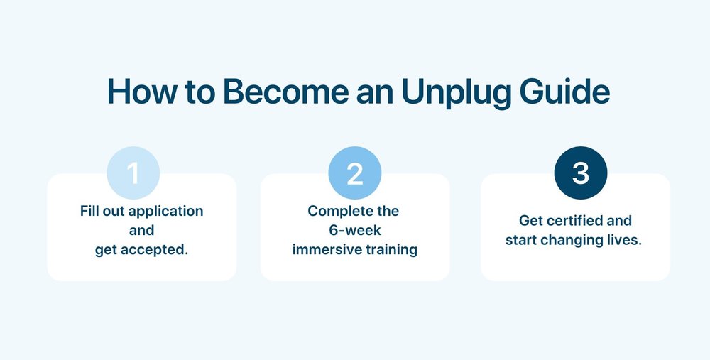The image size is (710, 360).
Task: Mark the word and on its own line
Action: pyautogui.click(x=142, y=231)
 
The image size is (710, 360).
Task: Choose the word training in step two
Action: pyautogui.click(x=391, y=250)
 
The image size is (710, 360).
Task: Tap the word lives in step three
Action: pyautogui.click(x=625, y=240)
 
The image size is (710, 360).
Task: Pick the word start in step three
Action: pyautogui.click(x=521, y=240)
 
